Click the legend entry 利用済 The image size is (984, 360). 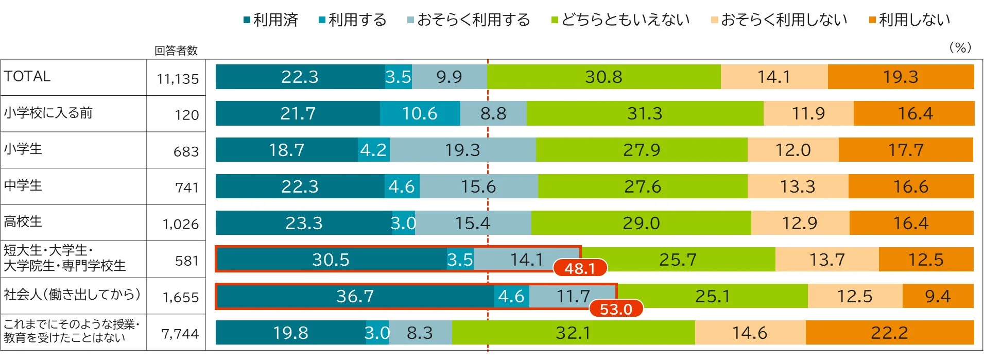[271, 20]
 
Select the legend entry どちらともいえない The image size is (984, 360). [620, 20]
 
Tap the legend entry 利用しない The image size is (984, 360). [909, 20]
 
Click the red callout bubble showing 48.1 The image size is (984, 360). [580, 268]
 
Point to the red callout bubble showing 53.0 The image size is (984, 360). [616, 309]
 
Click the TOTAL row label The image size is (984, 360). [27, 76]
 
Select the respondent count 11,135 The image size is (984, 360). [178, 79]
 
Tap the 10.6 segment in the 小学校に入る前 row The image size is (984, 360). [420, 113]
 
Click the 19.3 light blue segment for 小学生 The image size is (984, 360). [462, 150]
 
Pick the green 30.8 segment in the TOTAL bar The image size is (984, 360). [603, 77]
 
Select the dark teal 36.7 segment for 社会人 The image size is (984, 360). [355, 296]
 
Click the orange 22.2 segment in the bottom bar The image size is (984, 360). [889, 333]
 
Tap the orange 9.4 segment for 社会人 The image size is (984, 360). [937, 296]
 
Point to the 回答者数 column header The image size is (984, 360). [176, 50]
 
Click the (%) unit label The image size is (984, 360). [960, 48]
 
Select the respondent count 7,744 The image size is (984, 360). [180, 334]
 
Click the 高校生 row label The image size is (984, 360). [23, 221]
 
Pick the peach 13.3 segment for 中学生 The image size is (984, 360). [797, 186]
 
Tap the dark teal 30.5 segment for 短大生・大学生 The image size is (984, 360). [331, 260]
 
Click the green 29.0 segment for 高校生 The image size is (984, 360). [641, 223]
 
